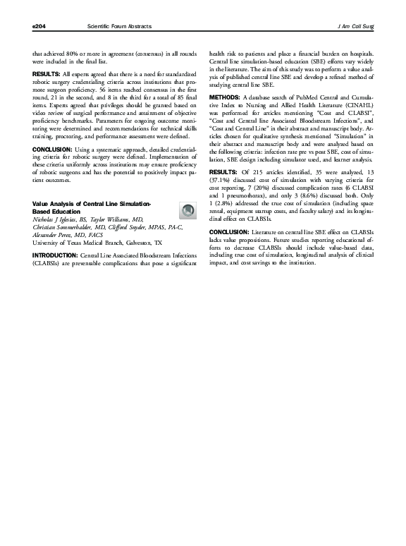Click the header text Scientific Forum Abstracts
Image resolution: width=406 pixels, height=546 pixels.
pyautogui.click(x=118, y=26)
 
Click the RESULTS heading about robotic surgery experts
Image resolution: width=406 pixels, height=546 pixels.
pyautogui.click(x=47, y=74)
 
